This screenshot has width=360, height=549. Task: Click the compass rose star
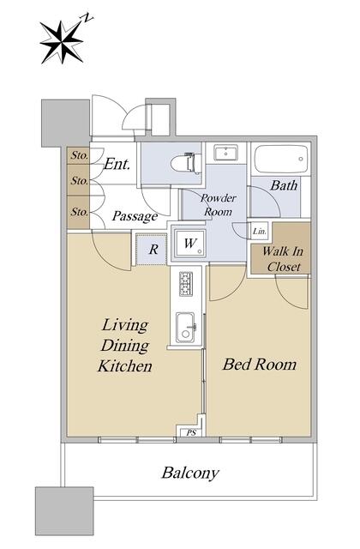click(x=62, y=42)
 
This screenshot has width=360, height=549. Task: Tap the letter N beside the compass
click(x=87, y=18)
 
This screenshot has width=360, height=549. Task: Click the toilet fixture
click(x=187, y=163)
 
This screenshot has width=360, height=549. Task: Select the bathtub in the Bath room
click(x=281, y=159)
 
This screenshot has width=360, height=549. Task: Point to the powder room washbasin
click(x=225, y=153)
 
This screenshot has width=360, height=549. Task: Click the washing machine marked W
click(x=190, y=244)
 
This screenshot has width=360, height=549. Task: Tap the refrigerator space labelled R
click(x=153, y=250)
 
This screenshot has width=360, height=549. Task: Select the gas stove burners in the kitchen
click(x=185, y=284)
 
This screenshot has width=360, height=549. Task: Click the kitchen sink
click(x=185, y=328)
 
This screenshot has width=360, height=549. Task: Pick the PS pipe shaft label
click(x=191, y=433)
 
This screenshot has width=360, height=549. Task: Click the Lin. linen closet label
click(x=260, y=231)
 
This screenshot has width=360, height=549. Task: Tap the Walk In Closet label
click(x=283, y=259)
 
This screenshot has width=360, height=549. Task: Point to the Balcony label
click(x=190, y=473)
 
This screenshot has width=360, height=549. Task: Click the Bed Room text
click(x=260, y=365)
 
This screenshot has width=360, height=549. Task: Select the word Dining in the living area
click(x=125, y=346)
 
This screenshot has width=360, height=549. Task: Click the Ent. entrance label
click(x=117, y=164)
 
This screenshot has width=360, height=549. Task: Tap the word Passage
click(x=135, y=216)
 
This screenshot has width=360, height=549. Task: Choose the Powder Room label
click(x=219, y=205)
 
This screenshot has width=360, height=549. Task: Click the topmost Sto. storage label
click(x=80, y=155)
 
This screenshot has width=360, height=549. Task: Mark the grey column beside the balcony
click(x=64, y=511)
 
